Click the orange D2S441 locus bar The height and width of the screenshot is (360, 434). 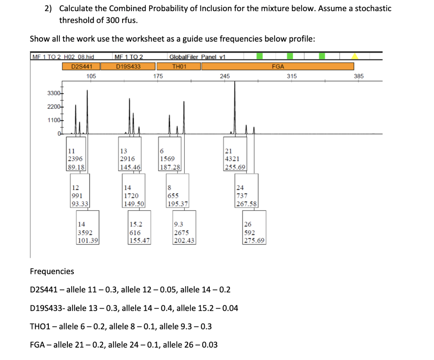pos(80,66)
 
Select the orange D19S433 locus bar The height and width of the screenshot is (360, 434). pos(128,66)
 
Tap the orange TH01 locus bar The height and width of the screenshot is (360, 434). pos(178,66)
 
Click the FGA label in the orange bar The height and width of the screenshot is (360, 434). pos(278,66)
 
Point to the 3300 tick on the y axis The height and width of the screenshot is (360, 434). pos(54,93)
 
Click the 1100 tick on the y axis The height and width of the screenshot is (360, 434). pos(54,120)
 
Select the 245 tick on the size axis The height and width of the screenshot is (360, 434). pos(225,76)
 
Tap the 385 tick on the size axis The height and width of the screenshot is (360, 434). pos(359,76)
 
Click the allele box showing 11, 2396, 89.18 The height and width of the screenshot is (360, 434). pos(77,159)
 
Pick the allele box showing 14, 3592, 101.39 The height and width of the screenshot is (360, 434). pos(87,233)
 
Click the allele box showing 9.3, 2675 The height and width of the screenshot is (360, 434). pos(184,233)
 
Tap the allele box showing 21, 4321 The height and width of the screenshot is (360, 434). pos(234,159)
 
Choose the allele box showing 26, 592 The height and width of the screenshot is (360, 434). pos(254,233)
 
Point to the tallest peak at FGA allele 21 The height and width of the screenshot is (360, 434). pos(234,85)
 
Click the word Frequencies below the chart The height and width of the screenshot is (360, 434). pos(52,271)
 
